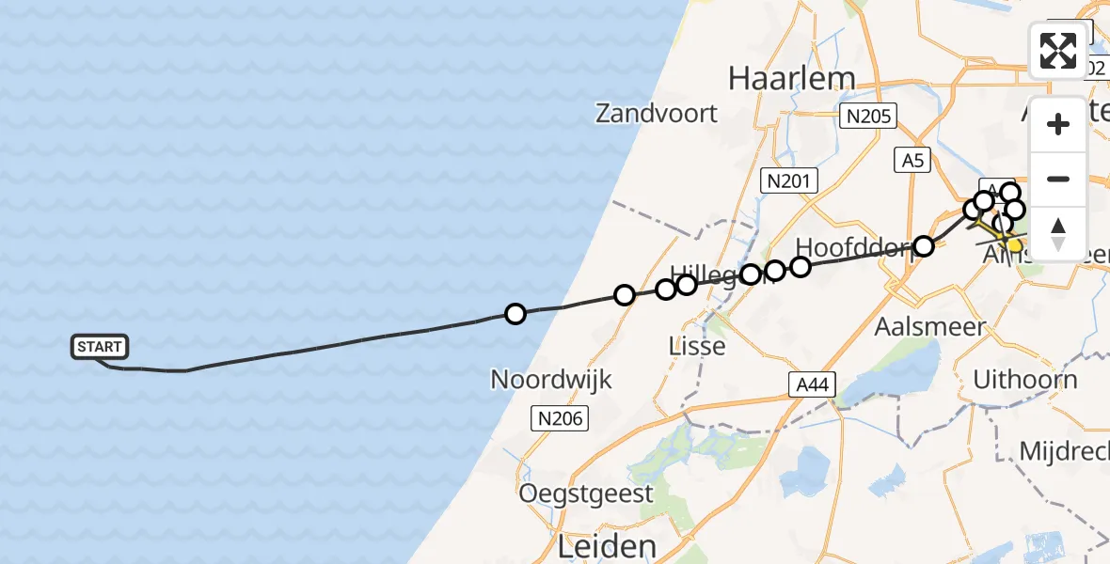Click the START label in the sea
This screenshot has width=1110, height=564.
click(99, 347)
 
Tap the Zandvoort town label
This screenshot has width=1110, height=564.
click(657, 114)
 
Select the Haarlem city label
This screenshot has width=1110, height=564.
click(791, 78)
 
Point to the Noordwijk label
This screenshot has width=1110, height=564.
click(551, 380)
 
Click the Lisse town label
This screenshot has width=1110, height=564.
click(697, 346)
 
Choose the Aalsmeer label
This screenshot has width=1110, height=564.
click(929, 327)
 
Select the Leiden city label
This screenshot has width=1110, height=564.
click(607, 546)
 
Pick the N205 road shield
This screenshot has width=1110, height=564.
click(867, 117)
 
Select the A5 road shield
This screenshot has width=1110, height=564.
click(912, 161)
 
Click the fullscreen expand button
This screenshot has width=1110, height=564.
click(1058, 51)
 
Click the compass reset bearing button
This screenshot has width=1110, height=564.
click(1058, 234)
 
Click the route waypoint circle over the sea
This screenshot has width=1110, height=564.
click(515, 314)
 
